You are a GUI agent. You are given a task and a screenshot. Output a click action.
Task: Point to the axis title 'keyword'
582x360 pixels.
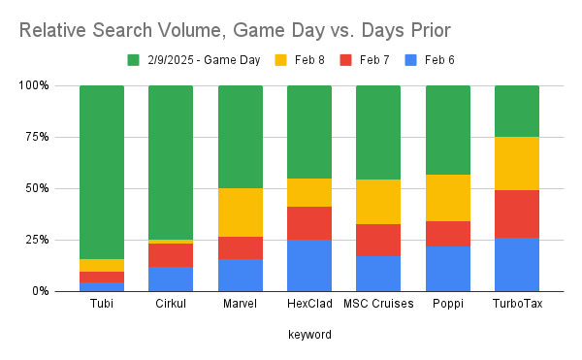click(x=308, y=334)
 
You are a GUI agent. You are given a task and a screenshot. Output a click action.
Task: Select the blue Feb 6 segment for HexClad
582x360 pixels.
click(x=308, y=265)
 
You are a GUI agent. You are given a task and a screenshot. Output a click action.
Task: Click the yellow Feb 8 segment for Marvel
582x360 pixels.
click(x=240, y=212)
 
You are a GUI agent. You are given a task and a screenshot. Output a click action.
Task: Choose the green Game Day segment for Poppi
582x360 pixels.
click(x=447, y=130)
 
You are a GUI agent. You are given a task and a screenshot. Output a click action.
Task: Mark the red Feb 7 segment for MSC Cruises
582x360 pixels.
click(x=377, y=240)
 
